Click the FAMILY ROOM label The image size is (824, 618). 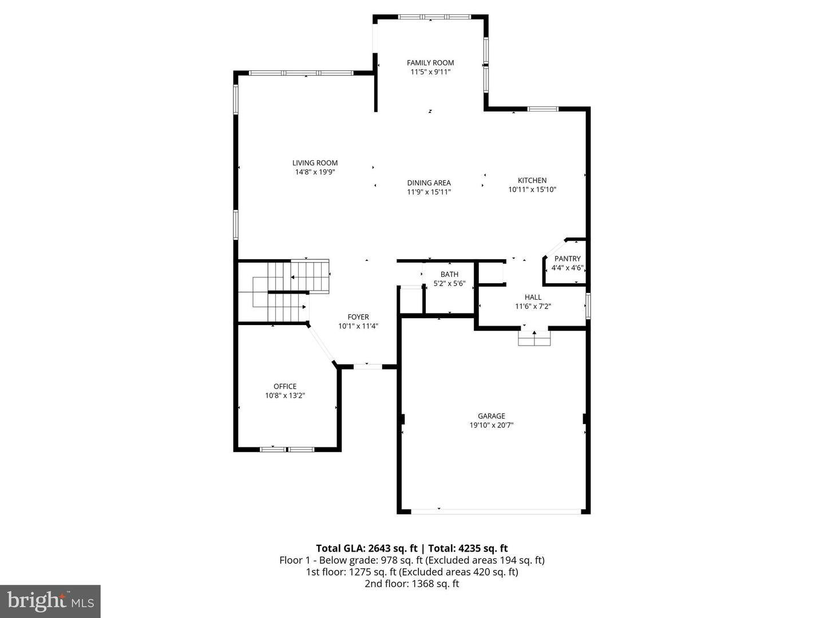[430, 63]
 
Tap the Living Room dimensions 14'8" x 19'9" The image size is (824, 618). [315, 172]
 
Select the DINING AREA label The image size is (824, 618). [429, 183]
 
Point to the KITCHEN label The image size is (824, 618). [532, 180]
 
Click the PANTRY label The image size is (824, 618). [567, 259]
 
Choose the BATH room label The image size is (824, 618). [449, 274]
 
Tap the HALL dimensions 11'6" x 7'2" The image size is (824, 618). [533, 306]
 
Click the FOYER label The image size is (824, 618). [358, 317]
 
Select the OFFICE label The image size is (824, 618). [285, 386]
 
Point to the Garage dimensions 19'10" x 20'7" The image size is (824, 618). [492, 425]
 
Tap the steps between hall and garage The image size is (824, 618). [534, 339]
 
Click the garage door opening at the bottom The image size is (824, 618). [496, 511]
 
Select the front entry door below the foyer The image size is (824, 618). [367, 366]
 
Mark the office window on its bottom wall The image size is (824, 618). [287, 449]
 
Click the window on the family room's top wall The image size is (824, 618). [434, 17]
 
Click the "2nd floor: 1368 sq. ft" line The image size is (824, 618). [412, 584]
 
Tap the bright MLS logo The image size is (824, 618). [50, 601]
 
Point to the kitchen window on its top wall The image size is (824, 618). [542, 109]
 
